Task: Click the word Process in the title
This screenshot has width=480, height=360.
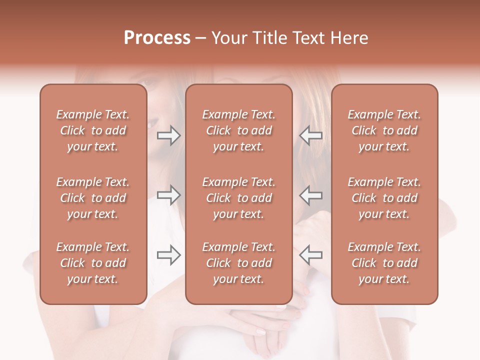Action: [x=157, y=38]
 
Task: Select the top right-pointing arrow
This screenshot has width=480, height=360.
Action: [x=168, y=135]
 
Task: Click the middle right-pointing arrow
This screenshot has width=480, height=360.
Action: [x=168, y=195]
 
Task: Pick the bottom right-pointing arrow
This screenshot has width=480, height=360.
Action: [x=168, y=255]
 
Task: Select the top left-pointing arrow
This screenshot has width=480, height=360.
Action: [x=311, y=135]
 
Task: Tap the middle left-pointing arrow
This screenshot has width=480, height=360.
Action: [x=311, y=195]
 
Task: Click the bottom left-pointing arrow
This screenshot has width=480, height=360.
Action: [x=311, y=255]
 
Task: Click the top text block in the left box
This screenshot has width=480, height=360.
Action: [x=93, y=130]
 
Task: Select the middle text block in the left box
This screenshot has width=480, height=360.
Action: [x=93, y=198]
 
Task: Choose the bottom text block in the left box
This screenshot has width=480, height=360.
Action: [x=93, y=263]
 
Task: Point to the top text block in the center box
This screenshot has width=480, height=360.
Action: [x=239, y=130]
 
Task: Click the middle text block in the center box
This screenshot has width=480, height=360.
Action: [x=239, y=198]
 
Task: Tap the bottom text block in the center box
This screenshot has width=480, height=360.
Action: [x=239, y=263]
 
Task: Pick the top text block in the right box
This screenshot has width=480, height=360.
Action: [x=384, y=130]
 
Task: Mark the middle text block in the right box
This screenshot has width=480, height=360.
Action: [x=384, y=198]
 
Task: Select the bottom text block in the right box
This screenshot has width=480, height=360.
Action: [x=384, y=263]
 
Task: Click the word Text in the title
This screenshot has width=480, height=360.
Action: [x=308, y=38]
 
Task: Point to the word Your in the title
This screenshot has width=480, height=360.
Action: [x=228, y=38]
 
